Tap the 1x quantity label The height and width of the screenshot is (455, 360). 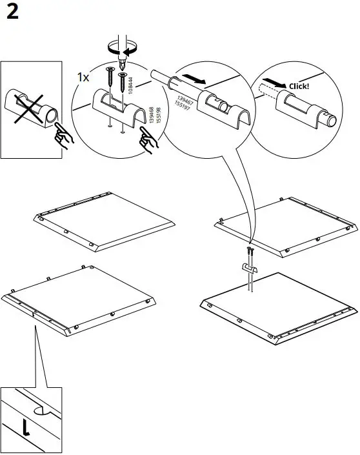(x=83, y=77)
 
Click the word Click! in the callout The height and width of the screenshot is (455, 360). (x=299, y=85)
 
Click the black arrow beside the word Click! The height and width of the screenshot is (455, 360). (x=276, y=85)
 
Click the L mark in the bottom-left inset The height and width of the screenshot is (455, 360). (x=25, y=428)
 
